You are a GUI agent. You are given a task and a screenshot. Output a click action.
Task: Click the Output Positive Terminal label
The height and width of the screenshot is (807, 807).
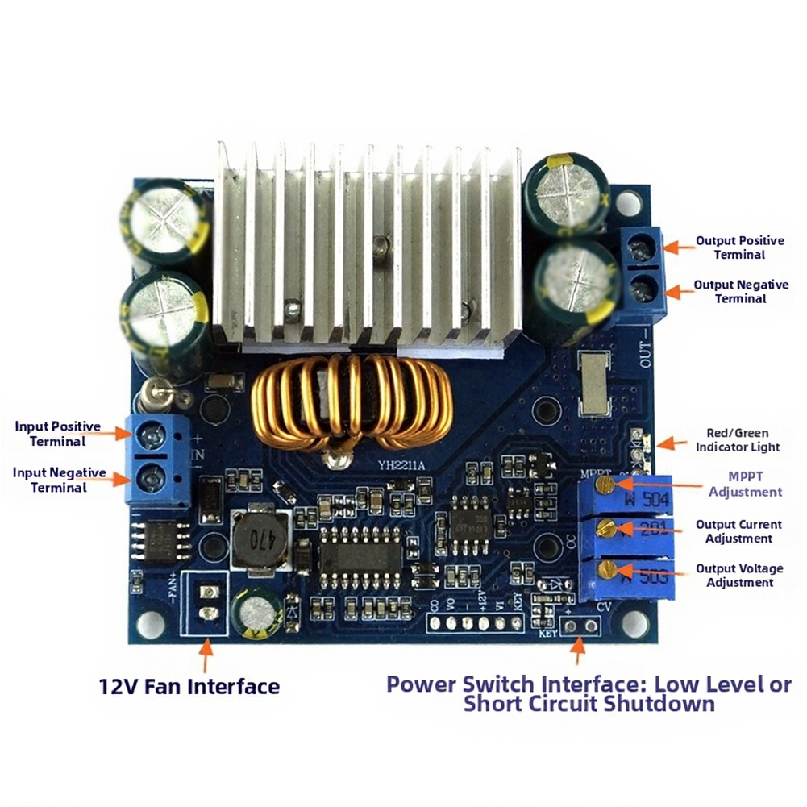point(739,248)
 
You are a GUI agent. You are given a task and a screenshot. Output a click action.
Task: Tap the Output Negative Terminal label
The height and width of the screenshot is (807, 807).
point(741,292)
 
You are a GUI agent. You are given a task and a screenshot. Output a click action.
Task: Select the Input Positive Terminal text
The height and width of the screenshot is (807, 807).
point(57,434)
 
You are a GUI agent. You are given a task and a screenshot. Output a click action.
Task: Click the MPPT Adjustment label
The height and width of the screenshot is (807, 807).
point(744,485)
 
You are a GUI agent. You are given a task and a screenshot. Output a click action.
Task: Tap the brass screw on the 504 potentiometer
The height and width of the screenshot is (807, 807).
point(608,484)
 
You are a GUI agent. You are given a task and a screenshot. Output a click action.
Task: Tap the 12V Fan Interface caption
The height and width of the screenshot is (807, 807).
point(189,687)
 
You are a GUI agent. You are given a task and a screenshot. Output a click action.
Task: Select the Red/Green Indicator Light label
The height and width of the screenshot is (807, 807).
point(737,439)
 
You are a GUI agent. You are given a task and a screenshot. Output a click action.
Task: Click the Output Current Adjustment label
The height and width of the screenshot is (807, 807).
point(738,531)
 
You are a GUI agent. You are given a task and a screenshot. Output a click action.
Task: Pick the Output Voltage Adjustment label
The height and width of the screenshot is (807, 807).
point(739,576)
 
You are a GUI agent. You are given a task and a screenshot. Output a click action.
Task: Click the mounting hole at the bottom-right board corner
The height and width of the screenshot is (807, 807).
point(634,622)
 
